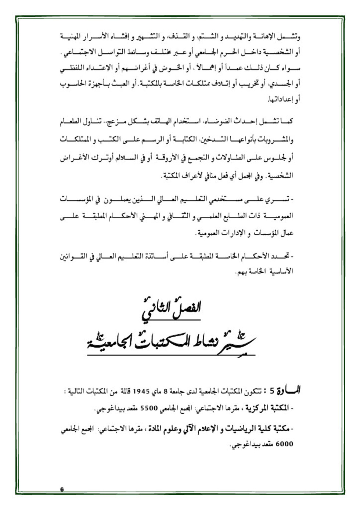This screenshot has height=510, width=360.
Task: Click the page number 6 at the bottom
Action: (x=62, y=489)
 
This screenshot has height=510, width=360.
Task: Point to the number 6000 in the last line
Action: (x=284, y=444)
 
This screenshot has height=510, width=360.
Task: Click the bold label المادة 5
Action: (x=285, y=391)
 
